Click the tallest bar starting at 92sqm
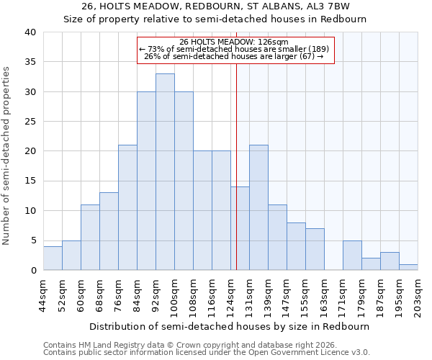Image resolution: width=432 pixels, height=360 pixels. point(165,172)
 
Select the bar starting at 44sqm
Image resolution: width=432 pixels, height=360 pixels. point(53,258)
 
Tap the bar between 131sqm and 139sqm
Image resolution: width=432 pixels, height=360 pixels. point(258,207)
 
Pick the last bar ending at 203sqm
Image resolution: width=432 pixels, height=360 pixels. point(408,267)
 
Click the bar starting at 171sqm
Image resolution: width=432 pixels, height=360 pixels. point(352,256)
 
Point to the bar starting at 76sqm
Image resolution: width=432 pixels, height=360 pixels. point(127,207)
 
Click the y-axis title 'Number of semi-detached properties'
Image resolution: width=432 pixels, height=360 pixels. point(7,156)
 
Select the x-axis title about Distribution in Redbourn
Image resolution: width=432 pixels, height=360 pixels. point(230,326)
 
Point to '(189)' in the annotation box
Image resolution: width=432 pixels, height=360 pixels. point(315,49)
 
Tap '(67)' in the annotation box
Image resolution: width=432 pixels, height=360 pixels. point(305,56)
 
